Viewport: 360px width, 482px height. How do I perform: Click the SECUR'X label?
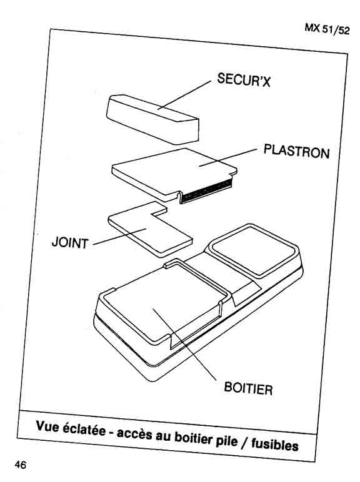coord(244,80)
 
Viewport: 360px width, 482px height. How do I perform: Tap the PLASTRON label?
coord(297,152)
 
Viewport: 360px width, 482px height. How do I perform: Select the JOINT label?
coord(70,242)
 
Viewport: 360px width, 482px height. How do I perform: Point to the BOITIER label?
coord(248,388)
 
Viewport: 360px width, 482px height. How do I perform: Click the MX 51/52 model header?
coord(327,29)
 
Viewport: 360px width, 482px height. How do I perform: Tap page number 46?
coord(20,465)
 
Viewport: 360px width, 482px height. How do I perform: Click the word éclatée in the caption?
coord(83,430)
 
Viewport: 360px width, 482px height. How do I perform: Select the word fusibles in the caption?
coord(275,444)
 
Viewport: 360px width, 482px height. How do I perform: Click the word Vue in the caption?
coord(47,426)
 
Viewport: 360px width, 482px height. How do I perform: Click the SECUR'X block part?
coord(152,119)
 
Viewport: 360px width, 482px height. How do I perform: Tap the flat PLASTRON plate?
coord(174,174)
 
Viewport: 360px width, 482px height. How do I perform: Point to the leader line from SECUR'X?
coord(184,95)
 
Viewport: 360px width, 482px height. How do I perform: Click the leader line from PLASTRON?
coord(227,158)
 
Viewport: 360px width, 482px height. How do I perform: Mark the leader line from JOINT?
coord(119,237)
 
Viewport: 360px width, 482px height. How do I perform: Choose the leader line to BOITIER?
coord(184,345)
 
